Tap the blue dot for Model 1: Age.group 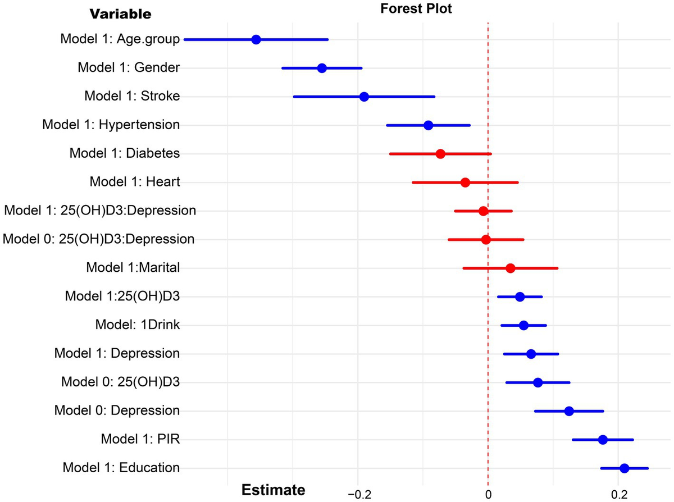point(256,39)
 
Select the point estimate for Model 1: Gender point(322,68)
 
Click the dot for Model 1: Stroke point(364,97)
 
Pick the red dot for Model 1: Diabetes point(440,154)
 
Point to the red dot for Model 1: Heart point(465,182)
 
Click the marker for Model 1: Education point(624,468)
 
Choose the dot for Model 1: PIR point(603,440)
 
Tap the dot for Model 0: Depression point(569,411)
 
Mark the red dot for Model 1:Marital point(511,268)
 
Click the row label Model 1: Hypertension point(111,125)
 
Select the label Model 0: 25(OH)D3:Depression point(99,239)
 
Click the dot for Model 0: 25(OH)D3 point(538,382)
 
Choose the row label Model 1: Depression point(117,354)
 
